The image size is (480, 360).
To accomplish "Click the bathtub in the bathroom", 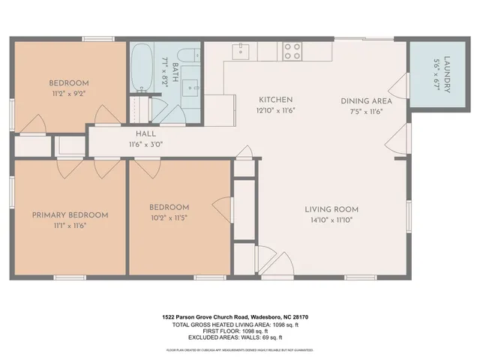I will pyautogui.click(x=142, y=67).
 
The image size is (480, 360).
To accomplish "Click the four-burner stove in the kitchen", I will pyautogui.click(x=292, y=51).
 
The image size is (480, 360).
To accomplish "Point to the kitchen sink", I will pyautogui.click(x=241, y=51).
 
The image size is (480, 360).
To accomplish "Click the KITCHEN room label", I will pyautogui.click(x=275, y=100).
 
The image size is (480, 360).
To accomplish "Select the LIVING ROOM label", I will pyautogui.click(x=331, y=209).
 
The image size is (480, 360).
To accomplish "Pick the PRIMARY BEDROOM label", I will pyautogui.click(x=70, y=215).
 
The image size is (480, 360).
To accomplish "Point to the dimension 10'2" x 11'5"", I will pyautogui.click(x=169, y=218).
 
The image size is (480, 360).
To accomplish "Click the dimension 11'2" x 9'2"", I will pyautogui.click(x=69, y=94).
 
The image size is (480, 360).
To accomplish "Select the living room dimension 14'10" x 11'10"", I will pyautogui.click(x=331, y=220).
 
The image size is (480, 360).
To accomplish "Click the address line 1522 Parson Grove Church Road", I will pyautogui.click(x=235, y=317).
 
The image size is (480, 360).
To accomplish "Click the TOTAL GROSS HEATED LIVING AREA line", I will pyautogui.click(x=235, y=324).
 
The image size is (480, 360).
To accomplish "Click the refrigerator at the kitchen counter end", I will pyautogui.click(x=216, y=106).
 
